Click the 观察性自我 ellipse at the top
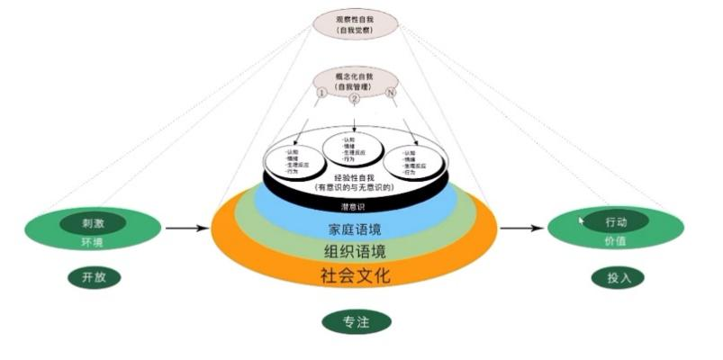tap(355, 22)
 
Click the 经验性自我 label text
tap(353, 179)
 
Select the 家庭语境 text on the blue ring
tap(353, 229)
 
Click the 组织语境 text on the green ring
tap(354, 250)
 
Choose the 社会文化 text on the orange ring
tap(355, 274)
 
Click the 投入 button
tap(617, 277)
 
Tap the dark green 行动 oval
tap(616, 221)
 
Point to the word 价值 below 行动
tap(616, 240)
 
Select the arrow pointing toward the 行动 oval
tap(522, 229)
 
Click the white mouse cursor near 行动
tap(582, 220)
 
